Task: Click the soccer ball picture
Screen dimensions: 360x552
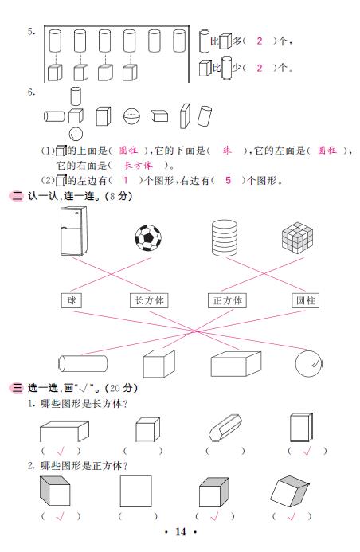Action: pos(148,238)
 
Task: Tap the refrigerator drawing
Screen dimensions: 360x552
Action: pos(73,231)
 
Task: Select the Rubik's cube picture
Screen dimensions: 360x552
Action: pos(298,237)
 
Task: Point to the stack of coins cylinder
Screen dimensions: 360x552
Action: pos(225,237)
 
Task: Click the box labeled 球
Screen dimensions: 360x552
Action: pos(72,300)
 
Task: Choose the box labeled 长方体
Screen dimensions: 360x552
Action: pos(149,300)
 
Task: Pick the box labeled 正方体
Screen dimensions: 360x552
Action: pos(227,300)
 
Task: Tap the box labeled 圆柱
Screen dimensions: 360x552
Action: pos(306,300)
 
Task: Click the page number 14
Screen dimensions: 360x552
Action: pos(181,532)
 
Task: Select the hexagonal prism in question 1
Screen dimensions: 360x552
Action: pos(225,427)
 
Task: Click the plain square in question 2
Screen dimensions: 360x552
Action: pos(136,491)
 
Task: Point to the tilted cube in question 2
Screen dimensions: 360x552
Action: pos(290,491)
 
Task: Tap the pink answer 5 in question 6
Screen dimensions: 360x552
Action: pos(228,180)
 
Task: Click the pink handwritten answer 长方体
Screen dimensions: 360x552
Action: pos(138,165)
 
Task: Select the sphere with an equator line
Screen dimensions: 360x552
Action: pos(131,116)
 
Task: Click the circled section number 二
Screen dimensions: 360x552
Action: pos(16,196)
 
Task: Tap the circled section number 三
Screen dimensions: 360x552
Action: pos(16,388)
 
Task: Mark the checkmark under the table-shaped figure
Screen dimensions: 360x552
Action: pos(61,450)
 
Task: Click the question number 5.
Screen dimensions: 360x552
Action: pos(31,32)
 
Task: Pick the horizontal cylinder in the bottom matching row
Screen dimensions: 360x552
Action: pos(83,363)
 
